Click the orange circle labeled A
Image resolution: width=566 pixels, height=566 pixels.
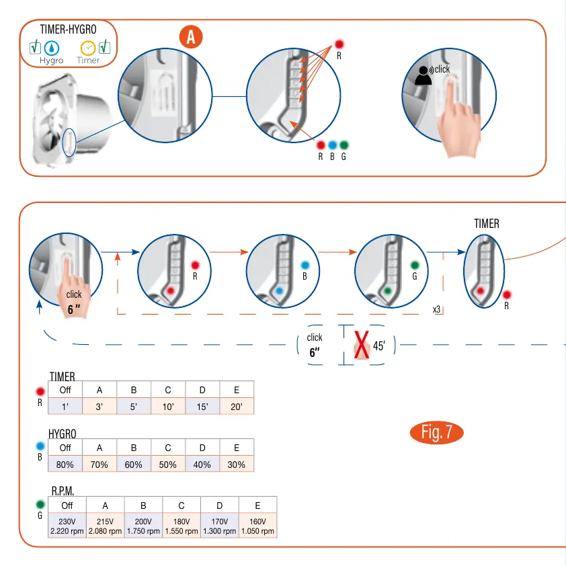point(191,38)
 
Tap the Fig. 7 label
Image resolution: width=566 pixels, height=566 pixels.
point(436,432)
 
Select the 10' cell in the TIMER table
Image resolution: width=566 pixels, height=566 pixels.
point(168,407)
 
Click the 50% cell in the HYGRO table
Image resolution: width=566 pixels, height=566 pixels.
point(168,464)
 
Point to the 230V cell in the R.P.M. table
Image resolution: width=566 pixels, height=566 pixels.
point(67,526)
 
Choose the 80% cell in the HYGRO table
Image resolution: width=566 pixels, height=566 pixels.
point(65,464)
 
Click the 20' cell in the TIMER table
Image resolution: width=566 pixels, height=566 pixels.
point(237,407)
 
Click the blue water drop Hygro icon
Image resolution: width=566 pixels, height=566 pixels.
point(52,48)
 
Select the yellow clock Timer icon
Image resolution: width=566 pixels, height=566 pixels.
point(87,48)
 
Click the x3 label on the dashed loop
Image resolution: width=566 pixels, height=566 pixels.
point(436,310)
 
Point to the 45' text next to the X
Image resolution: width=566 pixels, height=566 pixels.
point(379,347)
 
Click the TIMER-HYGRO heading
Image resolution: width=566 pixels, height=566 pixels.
point(68,30)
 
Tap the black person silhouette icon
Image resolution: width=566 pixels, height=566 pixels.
point(423,76)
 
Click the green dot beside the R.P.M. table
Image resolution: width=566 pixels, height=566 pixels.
point(40,504)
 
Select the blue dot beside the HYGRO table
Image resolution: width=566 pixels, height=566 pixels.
point(40,446)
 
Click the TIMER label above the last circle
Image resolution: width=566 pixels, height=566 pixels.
point(487,224)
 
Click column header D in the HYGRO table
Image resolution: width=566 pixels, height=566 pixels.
point(202,448)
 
